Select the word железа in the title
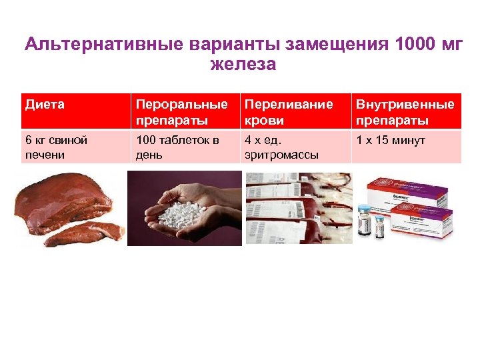(242, 65)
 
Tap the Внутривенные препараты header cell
(405, 112)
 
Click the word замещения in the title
(337, 46)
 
